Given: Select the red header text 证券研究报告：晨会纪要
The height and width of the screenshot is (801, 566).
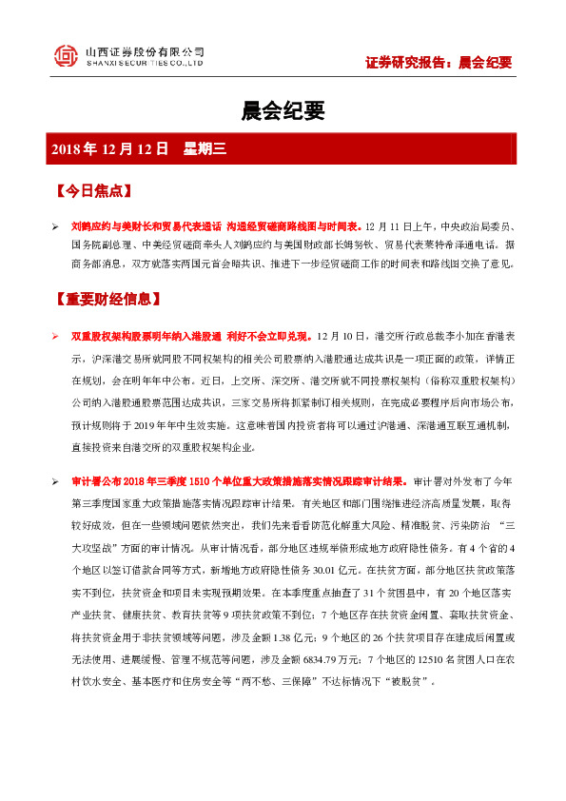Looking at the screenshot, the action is click(439, 63).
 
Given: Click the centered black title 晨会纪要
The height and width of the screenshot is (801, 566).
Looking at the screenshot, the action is click(283, 111).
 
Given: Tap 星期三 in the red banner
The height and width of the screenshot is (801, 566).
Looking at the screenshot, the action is click(202, 149).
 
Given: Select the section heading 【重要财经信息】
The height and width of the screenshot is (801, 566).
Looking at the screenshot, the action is click(107, 300).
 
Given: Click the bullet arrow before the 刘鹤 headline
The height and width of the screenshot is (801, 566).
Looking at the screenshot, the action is click(55, 228).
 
